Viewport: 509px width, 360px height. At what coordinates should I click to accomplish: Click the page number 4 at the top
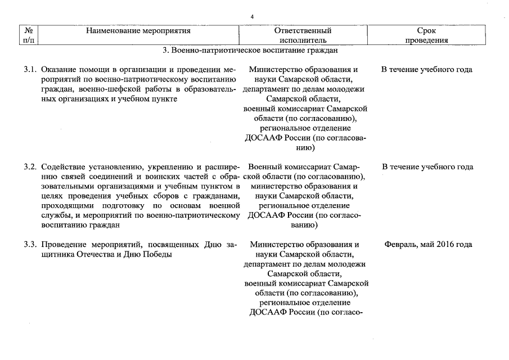[x=252, y=17]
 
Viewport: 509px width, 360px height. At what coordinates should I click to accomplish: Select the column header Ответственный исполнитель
[x=303, y=35]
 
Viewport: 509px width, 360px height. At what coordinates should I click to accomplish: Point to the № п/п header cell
[x=28, y=35]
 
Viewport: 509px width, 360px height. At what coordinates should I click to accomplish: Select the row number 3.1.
[x=30, y=70]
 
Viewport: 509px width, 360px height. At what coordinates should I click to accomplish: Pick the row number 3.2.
[x=30, y=167]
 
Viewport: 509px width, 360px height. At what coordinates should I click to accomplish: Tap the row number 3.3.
[x=30, y=245]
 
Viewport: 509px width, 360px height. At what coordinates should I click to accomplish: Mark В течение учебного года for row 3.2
[x=427, y=167]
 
